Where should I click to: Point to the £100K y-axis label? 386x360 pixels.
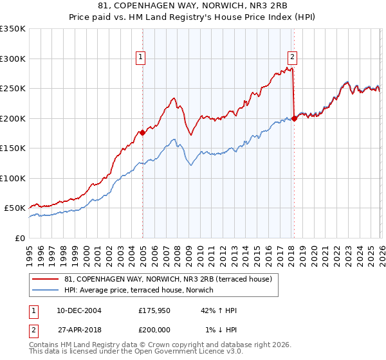[x=13, y=178]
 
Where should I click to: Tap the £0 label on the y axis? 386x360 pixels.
[x=19, y=238]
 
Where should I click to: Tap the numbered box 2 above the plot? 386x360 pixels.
[x=292, y=55]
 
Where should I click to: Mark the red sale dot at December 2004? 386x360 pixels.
[x=142, y=133]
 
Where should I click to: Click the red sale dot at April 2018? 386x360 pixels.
[x=294, y=118]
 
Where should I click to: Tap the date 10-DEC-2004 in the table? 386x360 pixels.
[x=80, y=310]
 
